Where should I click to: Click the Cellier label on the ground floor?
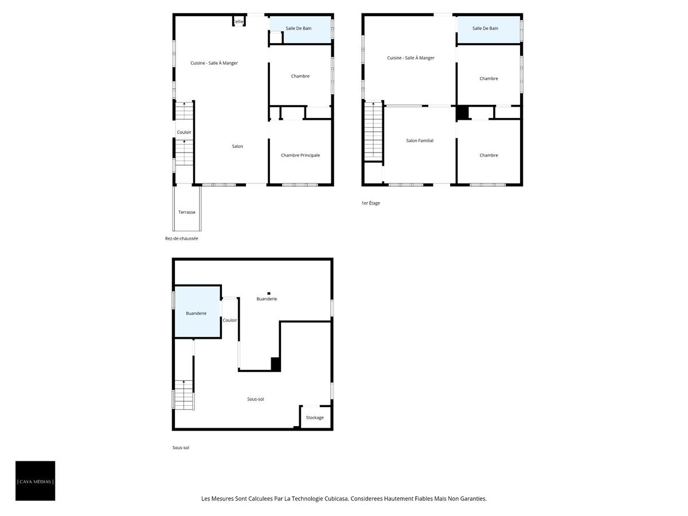click(x=239, y=22)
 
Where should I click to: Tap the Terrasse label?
click(x=187, y=212)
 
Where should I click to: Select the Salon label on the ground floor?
click(x=237, y=146)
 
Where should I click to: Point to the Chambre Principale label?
click(x=300, y=155)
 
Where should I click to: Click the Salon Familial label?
click(x=420, y=140)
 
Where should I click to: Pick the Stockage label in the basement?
click(x=315, y=417)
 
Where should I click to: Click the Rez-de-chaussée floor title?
click(x=182, y=239)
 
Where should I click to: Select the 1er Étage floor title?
click(x=371, y=203)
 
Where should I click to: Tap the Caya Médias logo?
click(x=36, y=481)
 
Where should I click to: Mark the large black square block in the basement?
click(x=276, y=364)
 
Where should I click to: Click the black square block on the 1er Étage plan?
click(x=463, y=113)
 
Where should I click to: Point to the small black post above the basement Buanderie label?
click(x=269, y=293)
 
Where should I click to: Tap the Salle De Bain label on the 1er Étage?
click(x=485, y=28)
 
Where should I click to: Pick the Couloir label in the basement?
click(x=230, y=320)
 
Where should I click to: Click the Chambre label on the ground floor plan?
click(x=300, y=76)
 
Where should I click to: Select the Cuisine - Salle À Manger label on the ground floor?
click(x=214, y=63)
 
